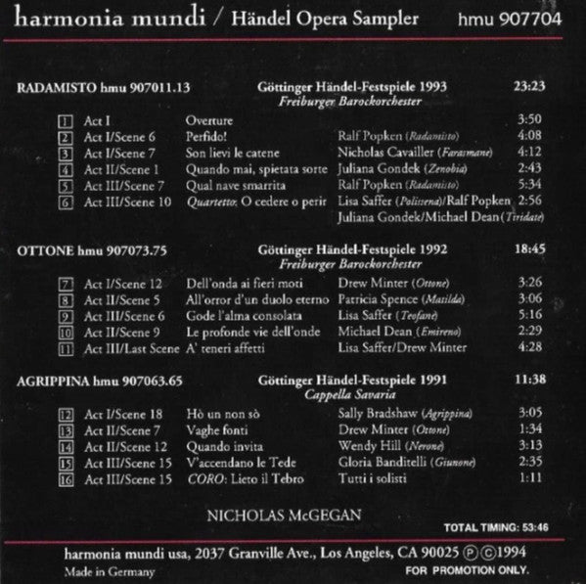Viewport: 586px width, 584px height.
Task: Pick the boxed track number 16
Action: pyautogui.click(x=67, y=478)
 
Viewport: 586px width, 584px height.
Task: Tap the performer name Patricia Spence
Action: pyautogui.click(x=381, y=299)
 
